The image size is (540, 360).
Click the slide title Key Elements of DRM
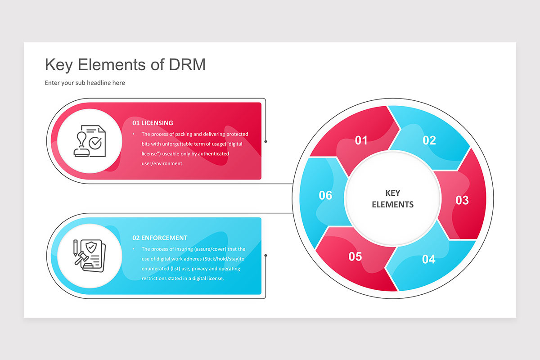click(125, 65)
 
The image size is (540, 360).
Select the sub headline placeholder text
click(85, 83)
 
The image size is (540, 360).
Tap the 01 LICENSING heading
click(153, 123)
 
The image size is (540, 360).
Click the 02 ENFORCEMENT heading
click(160, 238)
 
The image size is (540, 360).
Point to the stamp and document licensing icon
click(90, 141)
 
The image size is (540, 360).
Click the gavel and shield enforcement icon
click(90, 256)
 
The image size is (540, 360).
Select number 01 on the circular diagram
click(361, 140)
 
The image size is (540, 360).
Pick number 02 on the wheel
click(429, 140)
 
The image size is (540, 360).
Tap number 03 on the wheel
click(462, 200)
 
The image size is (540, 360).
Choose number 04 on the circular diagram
click(428, 259)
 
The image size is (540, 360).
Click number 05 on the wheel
click(355, 256)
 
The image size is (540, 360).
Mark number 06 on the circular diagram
click(325, 195)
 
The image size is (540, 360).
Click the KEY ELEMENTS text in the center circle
click(393, 199)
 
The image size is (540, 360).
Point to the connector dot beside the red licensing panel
click(265, 142)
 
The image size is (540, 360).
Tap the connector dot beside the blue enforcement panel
click(265, 255)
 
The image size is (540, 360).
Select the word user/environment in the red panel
click(162, 163)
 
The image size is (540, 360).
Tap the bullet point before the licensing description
click(134, 134)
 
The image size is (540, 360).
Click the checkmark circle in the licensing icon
click(95, 143)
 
